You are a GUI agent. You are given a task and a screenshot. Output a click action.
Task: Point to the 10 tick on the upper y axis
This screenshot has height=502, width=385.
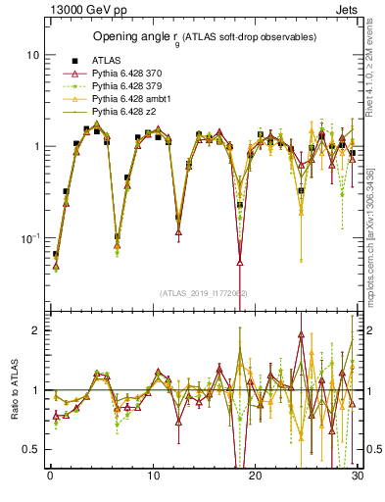[x=32, y=56]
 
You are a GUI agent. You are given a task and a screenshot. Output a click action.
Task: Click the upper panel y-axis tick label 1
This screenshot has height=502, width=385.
[x=35, y=147]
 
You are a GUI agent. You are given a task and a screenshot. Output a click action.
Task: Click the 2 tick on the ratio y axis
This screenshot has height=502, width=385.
[x=35, y=330]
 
